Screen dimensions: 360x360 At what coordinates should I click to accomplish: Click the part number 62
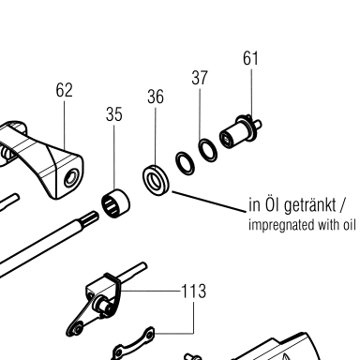pyautogui.click(x=64, y=90)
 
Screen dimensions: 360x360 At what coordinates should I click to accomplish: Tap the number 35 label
pyautogui.click(x=114, y=114)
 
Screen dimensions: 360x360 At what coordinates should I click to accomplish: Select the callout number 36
pyautogui.click(x=156, y=97)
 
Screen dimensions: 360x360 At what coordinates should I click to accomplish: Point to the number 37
pyautogui.click(x=200, y=78)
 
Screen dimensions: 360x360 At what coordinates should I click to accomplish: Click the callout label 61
pyautogui.click(x=250, y=58)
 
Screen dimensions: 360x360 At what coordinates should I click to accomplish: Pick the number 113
pyautogui.click(x=194, y=292)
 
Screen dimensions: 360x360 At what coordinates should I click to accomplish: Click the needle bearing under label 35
pyautogui.click(x=115, y=203)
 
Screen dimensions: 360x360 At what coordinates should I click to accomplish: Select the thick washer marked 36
pyautogui.click(x=157, y=179)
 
